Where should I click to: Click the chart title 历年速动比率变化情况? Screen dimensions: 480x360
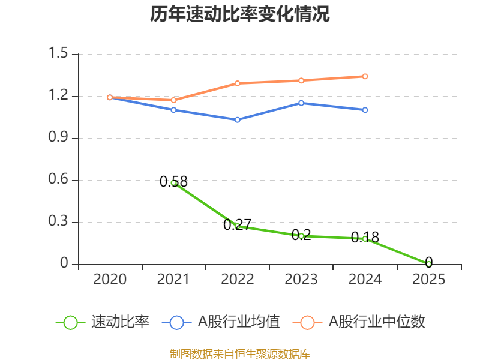click(239, 14)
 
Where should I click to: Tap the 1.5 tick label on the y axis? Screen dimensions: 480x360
click(58, 53)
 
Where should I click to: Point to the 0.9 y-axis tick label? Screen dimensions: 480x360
click(58, 137)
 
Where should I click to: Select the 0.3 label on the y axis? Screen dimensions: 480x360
click(58, 221)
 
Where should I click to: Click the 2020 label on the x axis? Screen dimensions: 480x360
click(110, 280)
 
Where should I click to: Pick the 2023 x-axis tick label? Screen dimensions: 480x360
click(301, 280)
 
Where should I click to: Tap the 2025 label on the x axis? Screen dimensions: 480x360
click(429, 280)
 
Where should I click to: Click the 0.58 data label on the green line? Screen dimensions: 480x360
click(173, 182)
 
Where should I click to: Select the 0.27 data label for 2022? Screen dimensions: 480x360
click(237, 224)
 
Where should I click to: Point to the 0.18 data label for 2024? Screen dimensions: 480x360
click(365, 237)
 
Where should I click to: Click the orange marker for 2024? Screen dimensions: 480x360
click(365, 76)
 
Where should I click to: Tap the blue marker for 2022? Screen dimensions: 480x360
click(237, 119)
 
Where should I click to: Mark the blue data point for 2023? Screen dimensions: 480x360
click(301, 103)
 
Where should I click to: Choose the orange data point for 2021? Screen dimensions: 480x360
click(173, 100)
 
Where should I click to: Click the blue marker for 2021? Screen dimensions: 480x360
click(173, 110)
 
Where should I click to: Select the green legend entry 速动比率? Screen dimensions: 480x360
click(102, 322)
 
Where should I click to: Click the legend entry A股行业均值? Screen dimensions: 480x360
click(221, 322)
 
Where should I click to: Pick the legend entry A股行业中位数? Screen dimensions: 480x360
click(359, 322)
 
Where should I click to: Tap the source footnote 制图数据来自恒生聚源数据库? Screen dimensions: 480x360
click(240, 354)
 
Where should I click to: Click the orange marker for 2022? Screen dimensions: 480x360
click(237, 83)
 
